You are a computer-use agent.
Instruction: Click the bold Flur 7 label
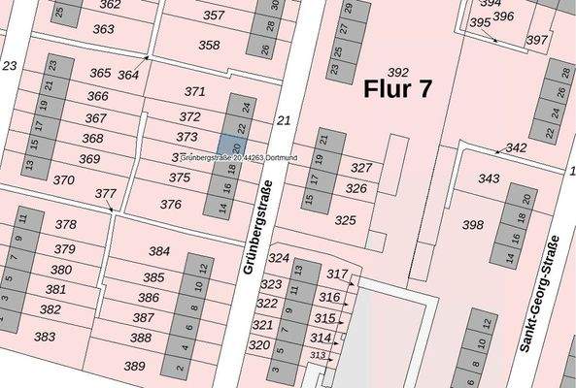(x=397, y=89)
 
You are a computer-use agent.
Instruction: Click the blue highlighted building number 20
(x=236, y=147)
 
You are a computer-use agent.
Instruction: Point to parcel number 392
(x=397, y=72)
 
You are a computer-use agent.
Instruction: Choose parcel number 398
(x=472, y=225)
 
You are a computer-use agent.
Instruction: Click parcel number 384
(x=159, y=251)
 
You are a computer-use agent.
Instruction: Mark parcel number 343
(x=489, y=178)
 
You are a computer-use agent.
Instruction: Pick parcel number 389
(x=134, y=366)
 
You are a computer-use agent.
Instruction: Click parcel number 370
(x=63, y=180)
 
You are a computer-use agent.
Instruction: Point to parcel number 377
(x=105, y=194)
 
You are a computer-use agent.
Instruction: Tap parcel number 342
(x=516, y=147)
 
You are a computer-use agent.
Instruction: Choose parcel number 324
(x=279, y=258)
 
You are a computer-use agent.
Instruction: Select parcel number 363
(x=103, y=29)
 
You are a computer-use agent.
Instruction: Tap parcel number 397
(x=536, y=40)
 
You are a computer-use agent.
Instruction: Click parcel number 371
(x=195, y=91)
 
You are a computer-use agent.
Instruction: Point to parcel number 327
(x=361, y=168)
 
